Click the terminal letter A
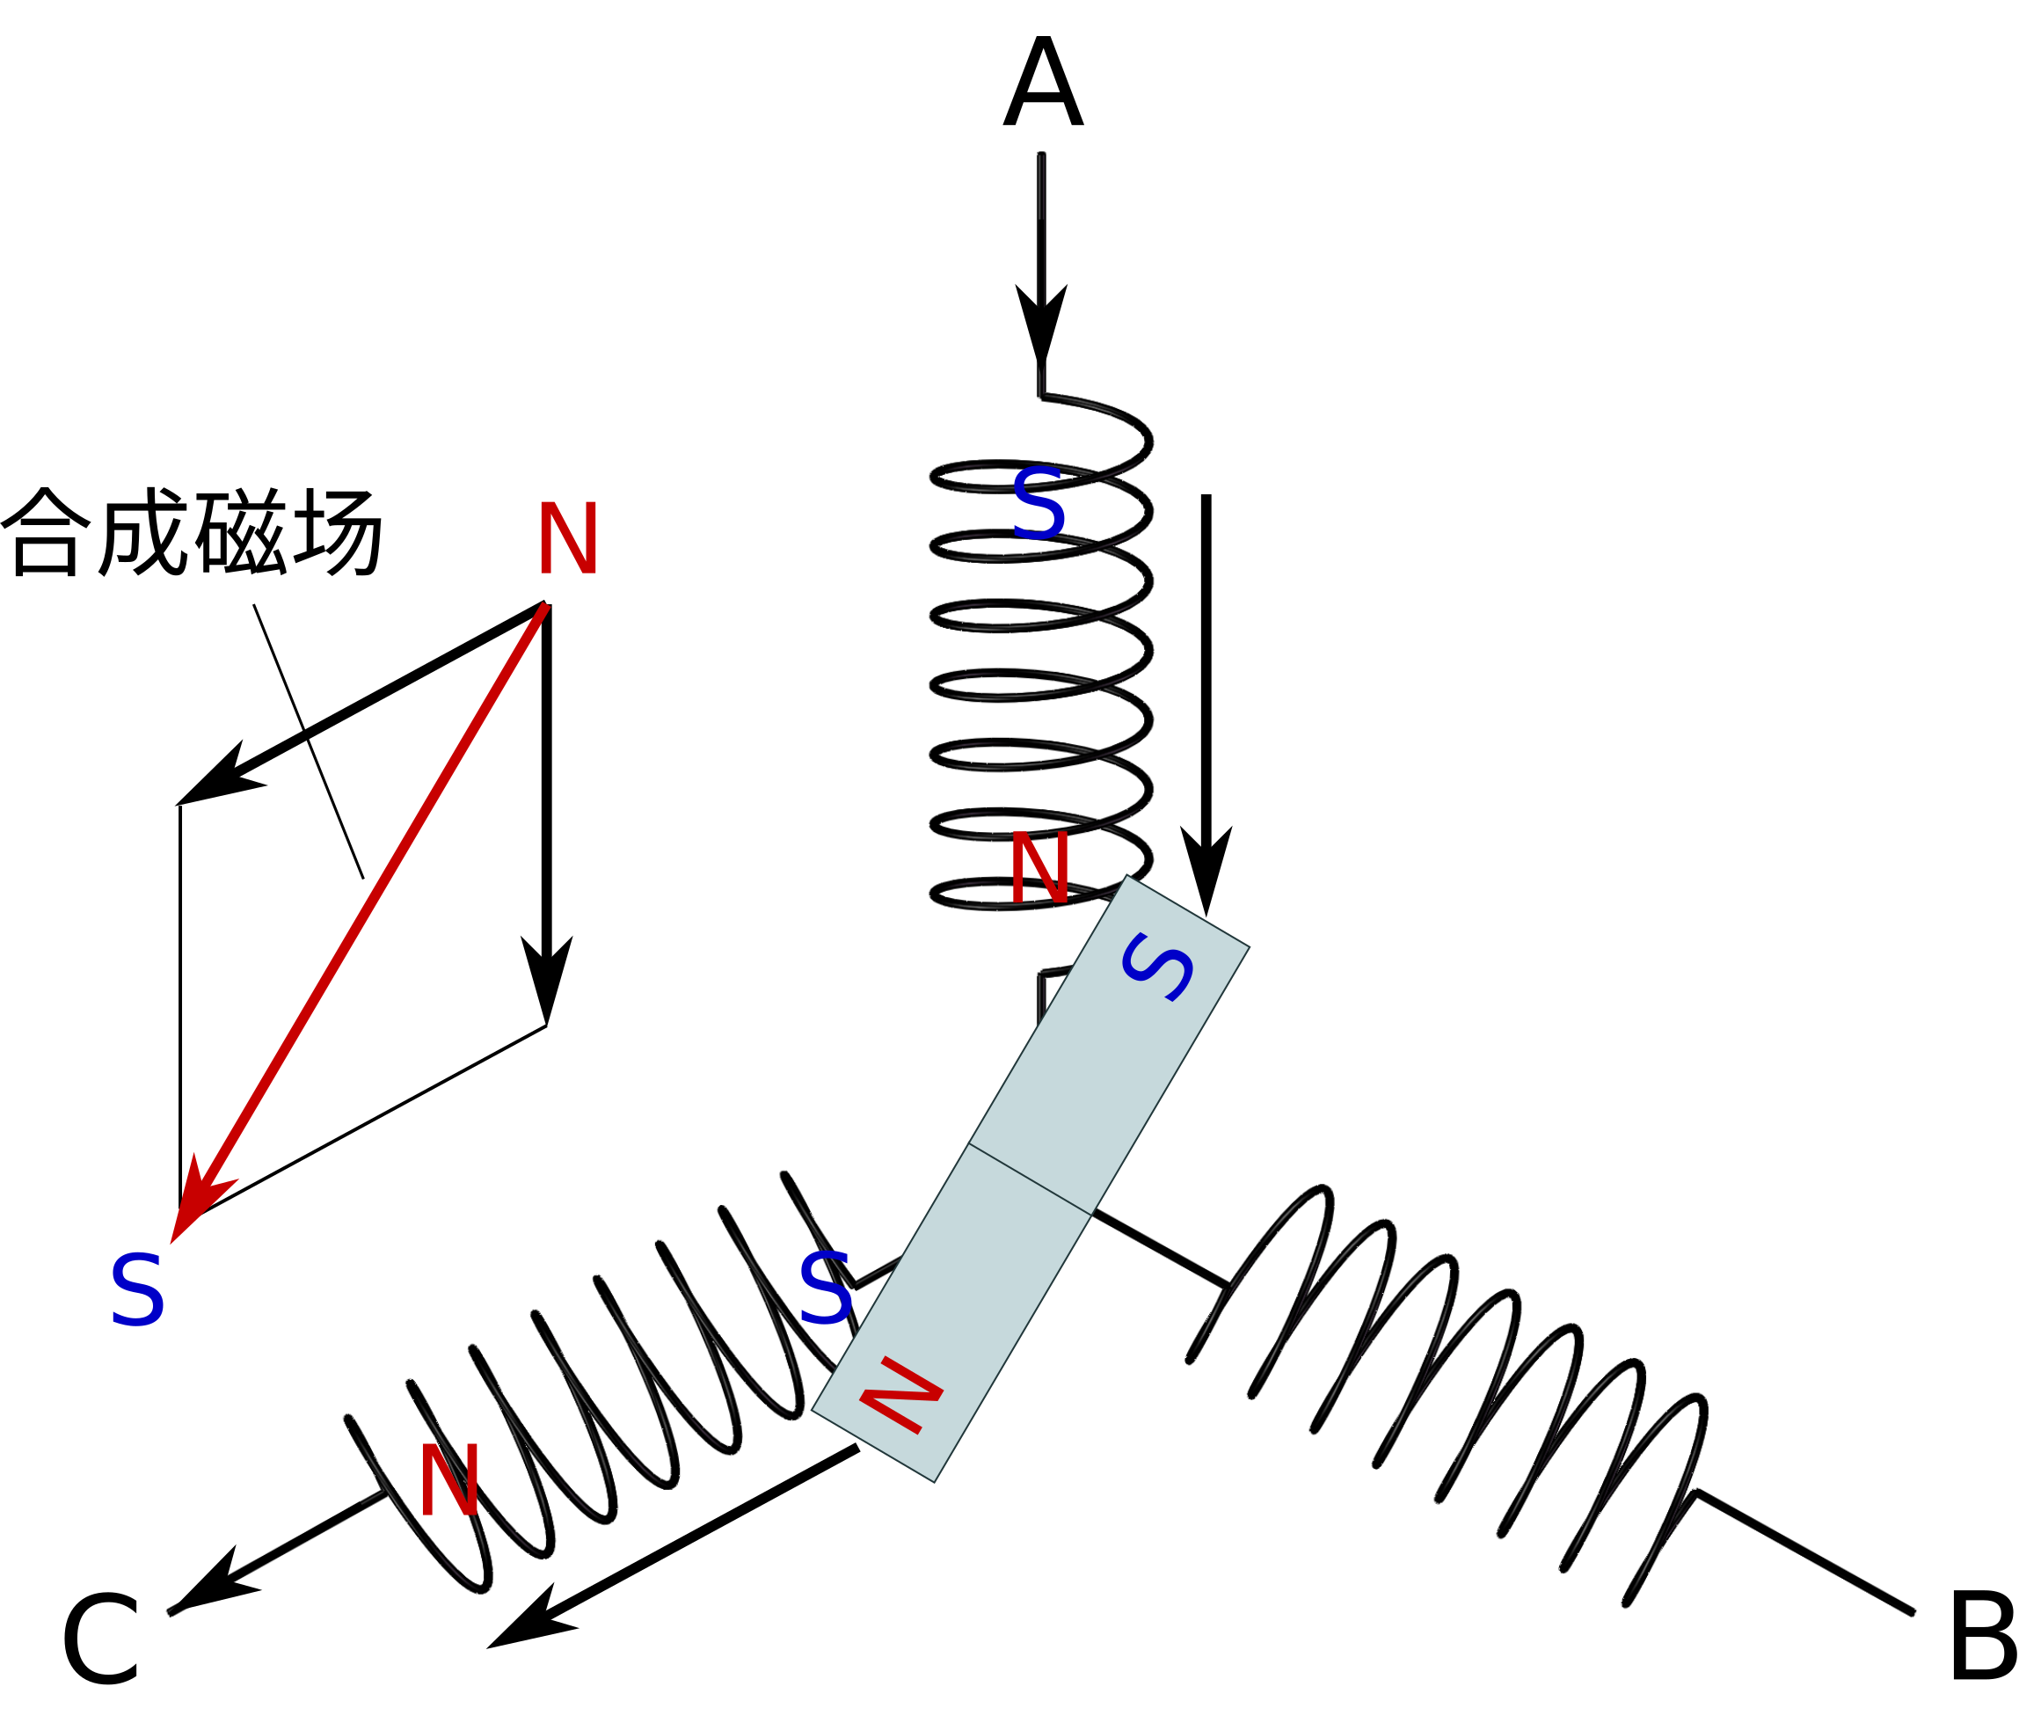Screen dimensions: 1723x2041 click(x=1042, y=84)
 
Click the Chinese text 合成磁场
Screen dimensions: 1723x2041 click(x=195, y=532)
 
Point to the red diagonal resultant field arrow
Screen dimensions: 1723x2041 click(x=361, y=918)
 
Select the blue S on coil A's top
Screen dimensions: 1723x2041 click(x=1037, y=504)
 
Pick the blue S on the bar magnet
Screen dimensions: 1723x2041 click(x=1158, y=967)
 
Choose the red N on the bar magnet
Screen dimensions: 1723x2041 click(x=900, y=1396)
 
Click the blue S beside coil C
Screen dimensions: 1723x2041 click(x=825, y=1289)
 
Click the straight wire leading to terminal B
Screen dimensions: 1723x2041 click(x=1806, y=1552)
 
